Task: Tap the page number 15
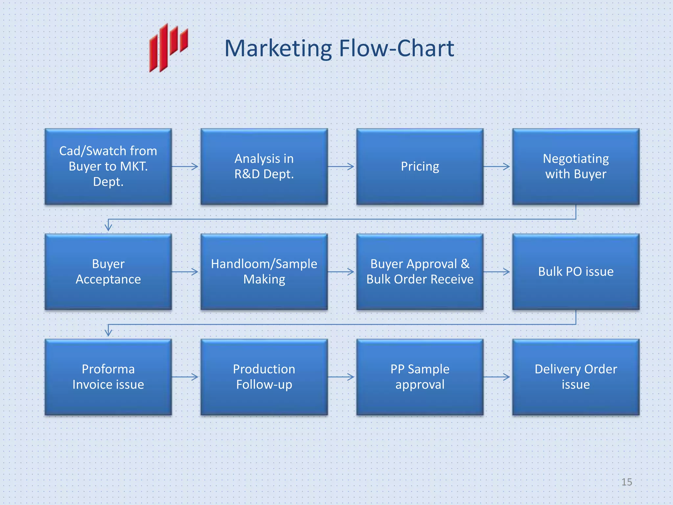click(626, 482)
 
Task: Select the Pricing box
click(420, 166)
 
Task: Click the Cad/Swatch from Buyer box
click(108, 166)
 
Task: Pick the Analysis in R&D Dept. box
click(264, 166)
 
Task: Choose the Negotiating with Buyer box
click(575, 166)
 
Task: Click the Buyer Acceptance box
click(108, 272)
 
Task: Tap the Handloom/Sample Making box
click(264, 272)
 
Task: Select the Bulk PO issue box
click(575, 272)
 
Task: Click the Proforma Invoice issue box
click(108, 377)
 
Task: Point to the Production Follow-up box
click(264, 377)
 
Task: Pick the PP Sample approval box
click(420, 377)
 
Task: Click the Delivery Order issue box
click(575, 377)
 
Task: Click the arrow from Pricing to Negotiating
click(497, 167)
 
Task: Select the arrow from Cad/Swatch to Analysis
click(185, 167)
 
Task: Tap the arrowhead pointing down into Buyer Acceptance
click(108, 227)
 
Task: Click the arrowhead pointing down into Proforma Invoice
click(108, 332)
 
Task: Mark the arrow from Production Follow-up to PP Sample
click(341, 377)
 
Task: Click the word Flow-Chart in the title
click(396, 49)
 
